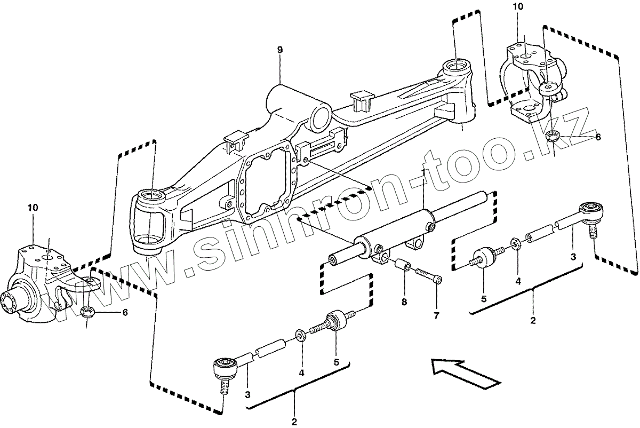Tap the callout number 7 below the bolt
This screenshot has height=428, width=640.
pyautogui.click(x=436, y=315)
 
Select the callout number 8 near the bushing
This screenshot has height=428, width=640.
pyautogui.click(x=405, y=302)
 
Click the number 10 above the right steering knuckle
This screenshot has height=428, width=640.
pyautogui.click(x=519, y=7)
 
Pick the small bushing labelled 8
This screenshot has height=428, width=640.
pyautogui.click(x=403, y=265)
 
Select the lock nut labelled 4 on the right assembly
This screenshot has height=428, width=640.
pyautogui.click(x=515, y=243)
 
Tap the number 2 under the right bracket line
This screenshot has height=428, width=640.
pyautogui.click(x=533, y=321)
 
